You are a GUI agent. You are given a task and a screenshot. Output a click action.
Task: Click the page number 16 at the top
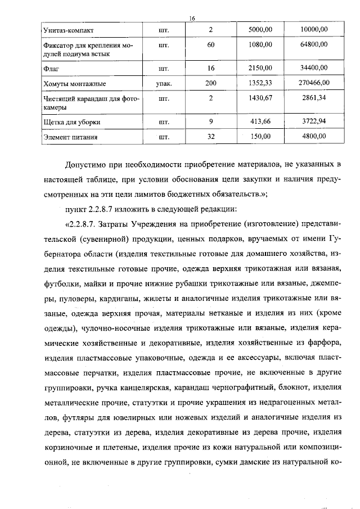pos(192,19)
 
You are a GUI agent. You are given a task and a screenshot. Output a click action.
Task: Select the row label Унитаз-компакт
pos(66,30)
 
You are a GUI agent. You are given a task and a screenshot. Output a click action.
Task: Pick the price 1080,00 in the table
pos(260,44)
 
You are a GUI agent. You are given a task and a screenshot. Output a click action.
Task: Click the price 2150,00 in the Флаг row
pos(260,68)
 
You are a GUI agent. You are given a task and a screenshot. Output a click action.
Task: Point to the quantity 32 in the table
pos(211,136)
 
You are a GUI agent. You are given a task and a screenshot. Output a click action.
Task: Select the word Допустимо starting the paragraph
pos(84,166)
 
